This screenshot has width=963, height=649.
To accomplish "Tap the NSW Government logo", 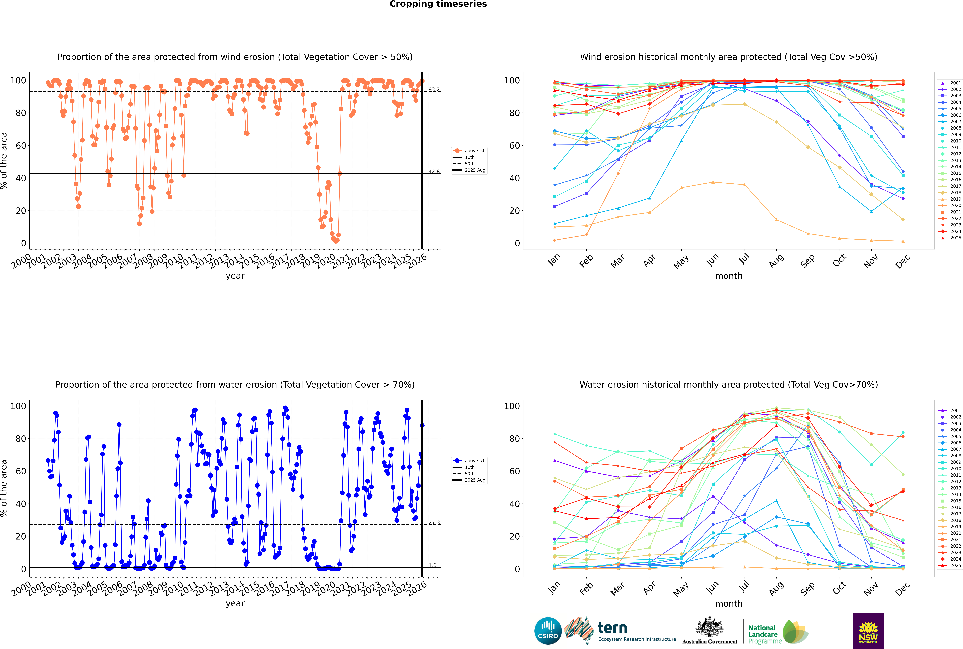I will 868,631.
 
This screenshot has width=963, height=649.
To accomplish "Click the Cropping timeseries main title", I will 438,4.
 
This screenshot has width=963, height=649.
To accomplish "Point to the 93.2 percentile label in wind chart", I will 434,89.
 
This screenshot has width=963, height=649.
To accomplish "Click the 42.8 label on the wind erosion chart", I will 434,171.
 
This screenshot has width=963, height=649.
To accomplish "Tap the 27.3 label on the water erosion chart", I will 434,523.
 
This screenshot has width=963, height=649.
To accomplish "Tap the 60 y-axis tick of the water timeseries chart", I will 21,471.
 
